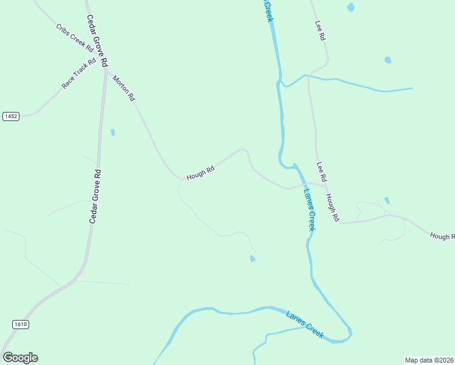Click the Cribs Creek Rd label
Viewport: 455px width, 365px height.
(75, 38)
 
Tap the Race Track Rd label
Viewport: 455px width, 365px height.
(79, 74)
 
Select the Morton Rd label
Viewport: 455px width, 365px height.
(123, 88)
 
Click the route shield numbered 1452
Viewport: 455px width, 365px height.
(10, 116)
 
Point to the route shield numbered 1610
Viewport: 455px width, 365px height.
(20, 324)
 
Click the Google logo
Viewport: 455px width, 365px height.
(20, 358)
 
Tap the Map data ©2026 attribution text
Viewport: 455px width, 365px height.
(429, 360)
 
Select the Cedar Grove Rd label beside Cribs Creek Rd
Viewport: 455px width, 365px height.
(97, 41)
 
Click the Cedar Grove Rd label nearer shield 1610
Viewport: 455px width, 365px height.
(96, 196)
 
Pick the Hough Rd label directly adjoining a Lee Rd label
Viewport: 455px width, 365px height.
(332, 207)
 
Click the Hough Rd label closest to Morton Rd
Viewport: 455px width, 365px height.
(201, 174)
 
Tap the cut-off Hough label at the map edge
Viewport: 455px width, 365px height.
(442, 236)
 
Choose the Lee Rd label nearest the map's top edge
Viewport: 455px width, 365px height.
(321, 31)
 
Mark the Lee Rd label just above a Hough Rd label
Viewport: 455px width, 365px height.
(322, 172)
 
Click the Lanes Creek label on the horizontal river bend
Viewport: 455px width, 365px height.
(305, 324)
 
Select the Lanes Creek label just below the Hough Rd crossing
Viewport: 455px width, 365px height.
(309, 209)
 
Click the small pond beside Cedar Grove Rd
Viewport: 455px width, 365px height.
(113, 132)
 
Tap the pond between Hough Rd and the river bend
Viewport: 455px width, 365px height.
(252, 259)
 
